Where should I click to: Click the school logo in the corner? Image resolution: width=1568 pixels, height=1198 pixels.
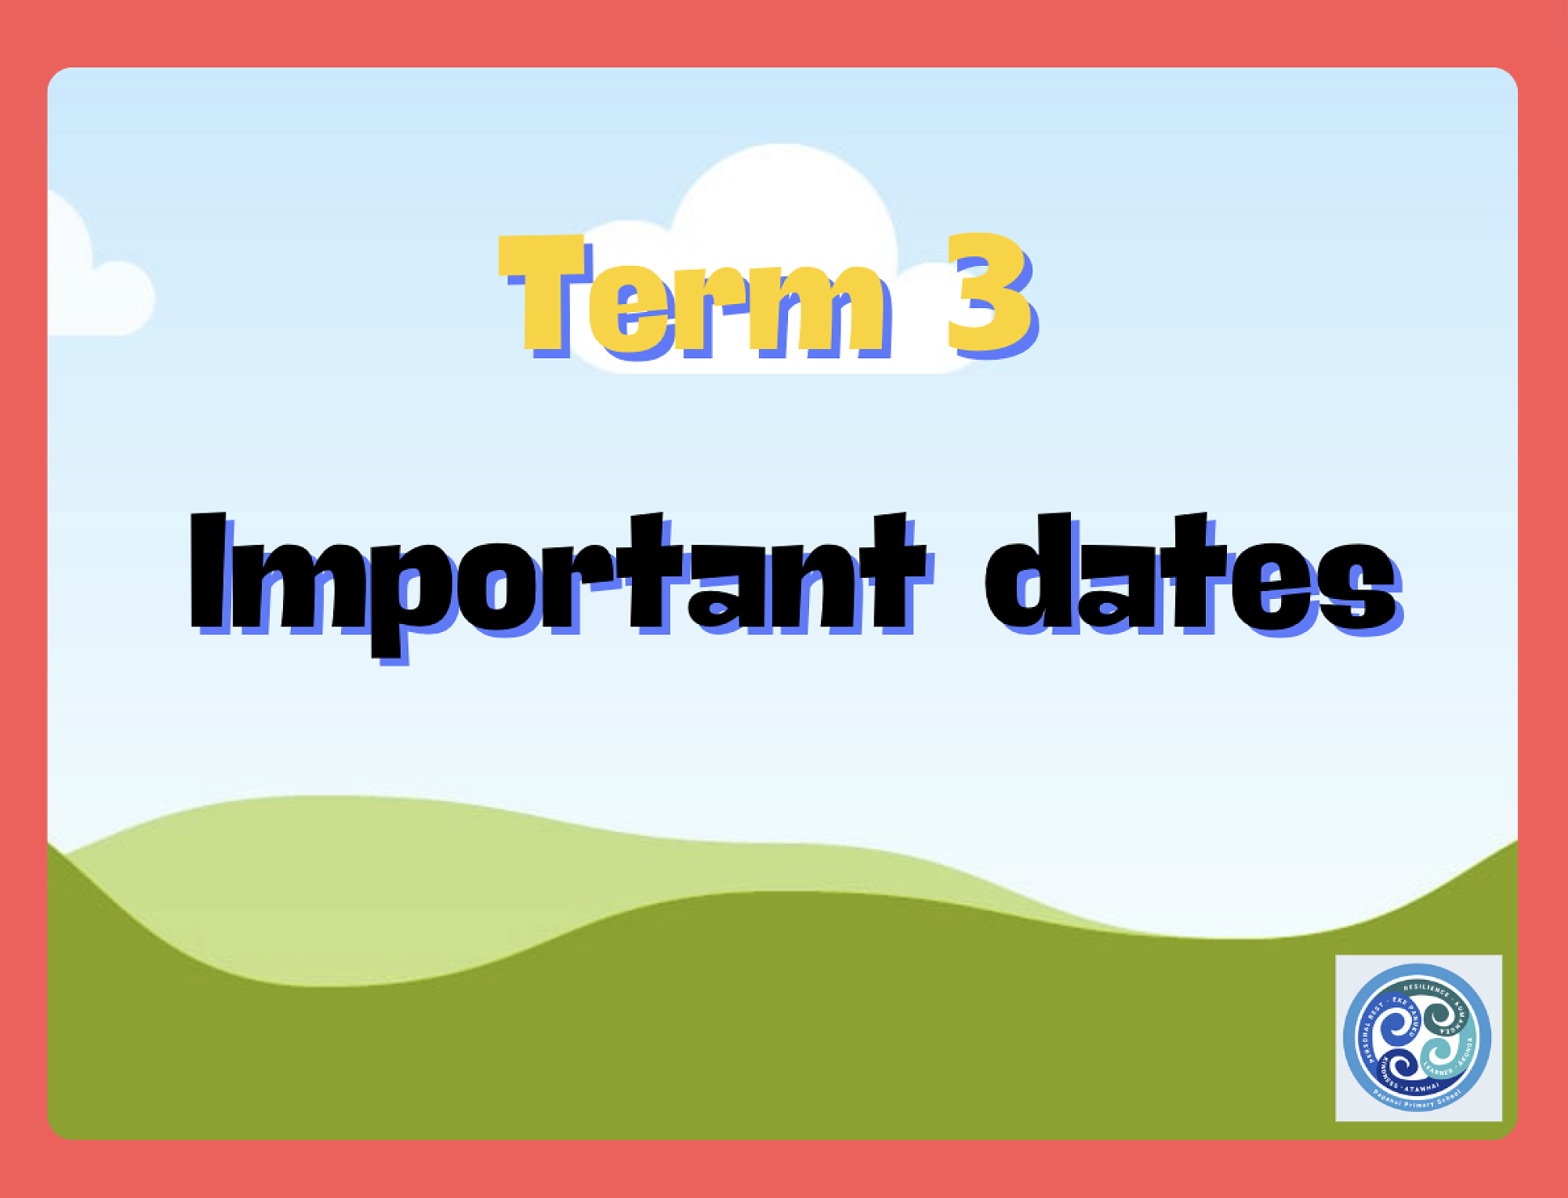pos(1418,1037)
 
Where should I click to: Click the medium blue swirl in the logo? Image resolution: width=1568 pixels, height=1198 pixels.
pos(1396,1026)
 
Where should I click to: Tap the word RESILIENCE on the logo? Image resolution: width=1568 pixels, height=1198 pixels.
pos(1427,989)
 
